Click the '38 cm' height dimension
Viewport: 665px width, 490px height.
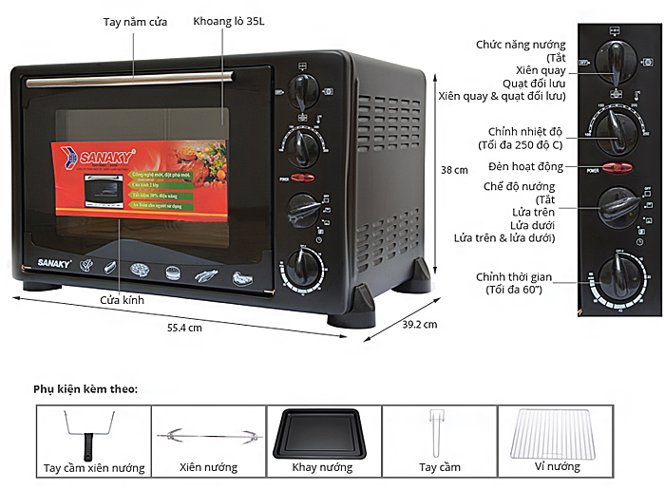point(455,170)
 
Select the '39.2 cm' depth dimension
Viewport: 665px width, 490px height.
point(419,325)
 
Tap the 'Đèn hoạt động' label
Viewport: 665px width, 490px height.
point(529,167)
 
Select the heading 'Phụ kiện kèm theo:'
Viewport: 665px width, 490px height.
point(85,388)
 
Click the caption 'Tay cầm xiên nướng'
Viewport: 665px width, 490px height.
point(94,468)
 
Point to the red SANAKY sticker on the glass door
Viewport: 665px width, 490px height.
point(138,179)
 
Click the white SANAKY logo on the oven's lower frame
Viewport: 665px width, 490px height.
point(35,259)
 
